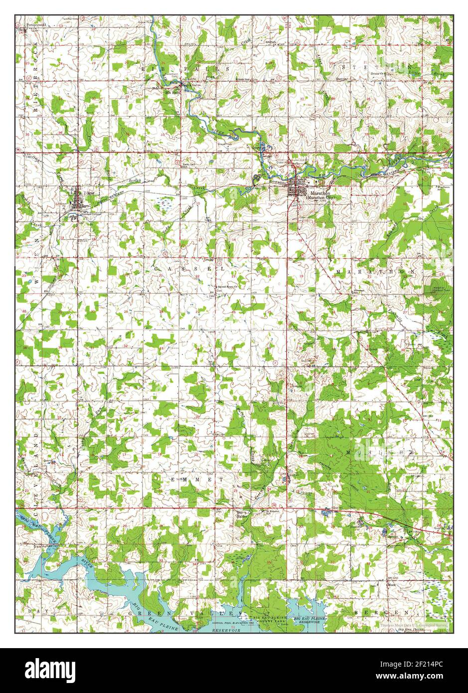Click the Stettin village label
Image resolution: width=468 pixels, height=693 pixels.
coord(341,79)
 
